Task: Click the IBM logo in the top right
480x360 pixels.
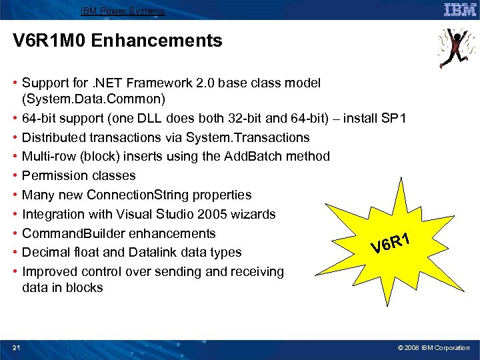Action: pos(459,9)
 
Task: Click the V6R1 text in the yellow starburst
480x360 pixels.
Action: pos(397,241)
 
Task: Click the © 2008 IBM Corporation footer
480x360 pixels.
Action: pos(433,348)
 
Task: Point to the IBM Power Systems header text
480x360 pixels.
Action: pos(122,11)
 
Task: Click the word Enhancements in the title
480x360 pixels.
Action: pos(157,41)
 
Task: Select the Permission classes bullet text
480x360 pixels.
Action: pos(79,176)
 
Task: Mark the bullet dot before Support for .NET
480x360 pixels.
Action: pos(15,83)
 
